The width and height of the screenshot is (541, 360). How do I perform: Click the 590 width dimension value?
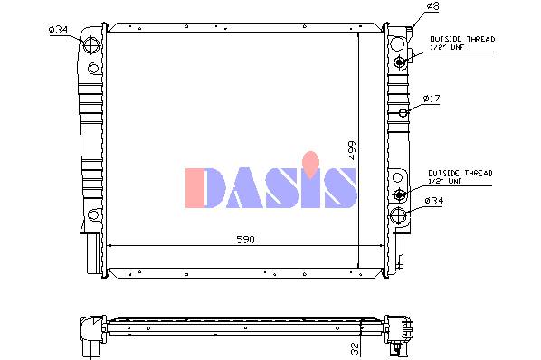click(245, 240)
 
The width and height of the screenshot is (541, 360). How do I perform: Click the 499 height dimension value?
click(352, 150)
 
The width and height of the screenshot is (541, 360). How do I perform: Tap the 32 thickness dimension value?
click(355, 348)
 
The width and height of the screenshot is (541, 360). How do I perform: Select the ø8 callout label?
click(432, 6)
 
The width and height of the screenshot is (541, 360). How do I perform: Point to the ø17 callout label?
click(432, 99)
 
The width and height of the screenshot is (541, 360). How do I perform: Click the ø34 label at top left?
click(58, 30)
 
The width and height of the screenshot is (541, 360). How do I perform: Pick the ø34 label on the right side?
click(434, 200)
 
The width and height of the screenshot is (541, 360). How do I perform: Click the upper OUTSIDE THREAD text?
click(462, 39)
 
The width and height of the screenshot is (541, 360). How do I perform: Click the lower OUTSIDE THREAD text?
click(460, 173)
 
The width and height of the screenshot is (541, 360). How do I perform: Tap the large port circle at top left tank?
click(91, 45)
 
